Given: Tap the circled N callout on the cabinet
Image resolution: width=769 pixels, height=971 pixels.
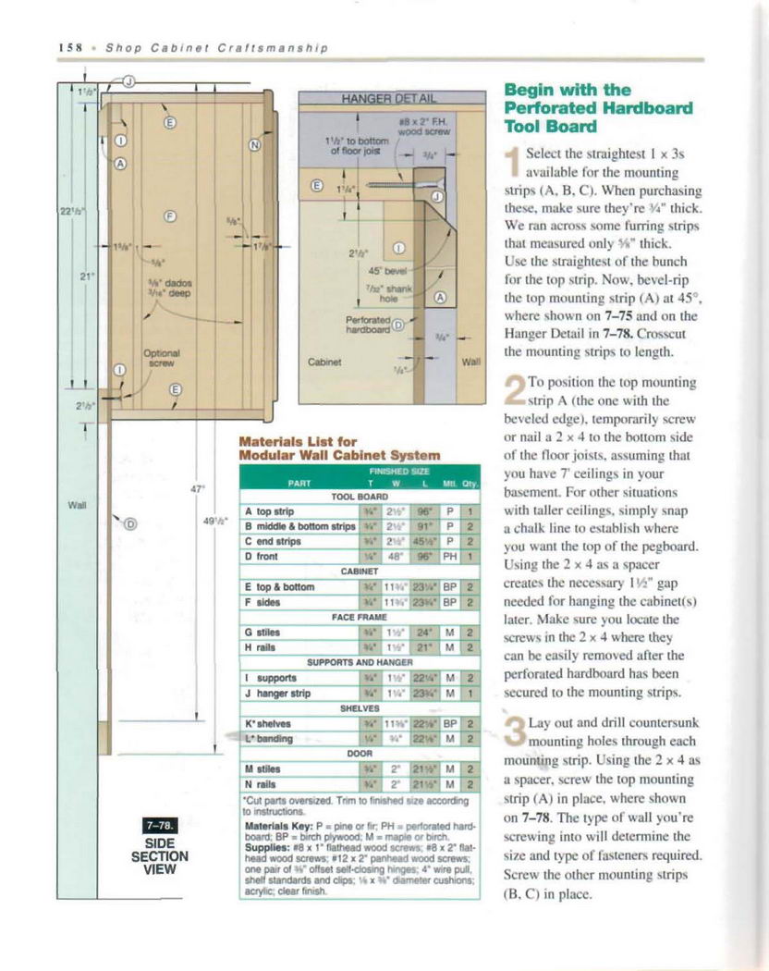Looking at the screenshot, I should pos(256,144).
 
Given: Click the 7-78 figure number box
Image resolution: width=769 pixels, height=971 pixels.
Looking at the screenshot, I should pos(153,827).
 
